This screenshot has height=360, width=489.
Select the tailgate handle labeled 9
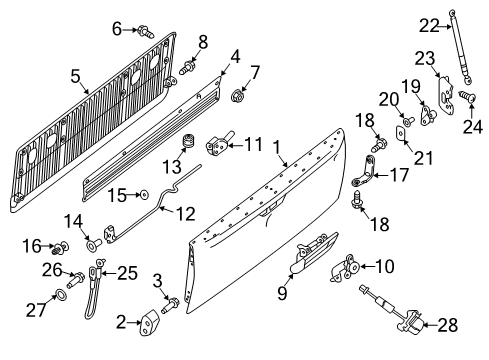point(310,260)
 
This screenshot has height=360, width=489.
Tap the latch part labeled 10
point(350,268)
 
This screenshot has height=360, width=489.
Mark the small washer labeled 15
point(144,194)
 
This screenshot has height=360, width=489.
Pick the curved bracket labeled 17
point(363,185)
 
